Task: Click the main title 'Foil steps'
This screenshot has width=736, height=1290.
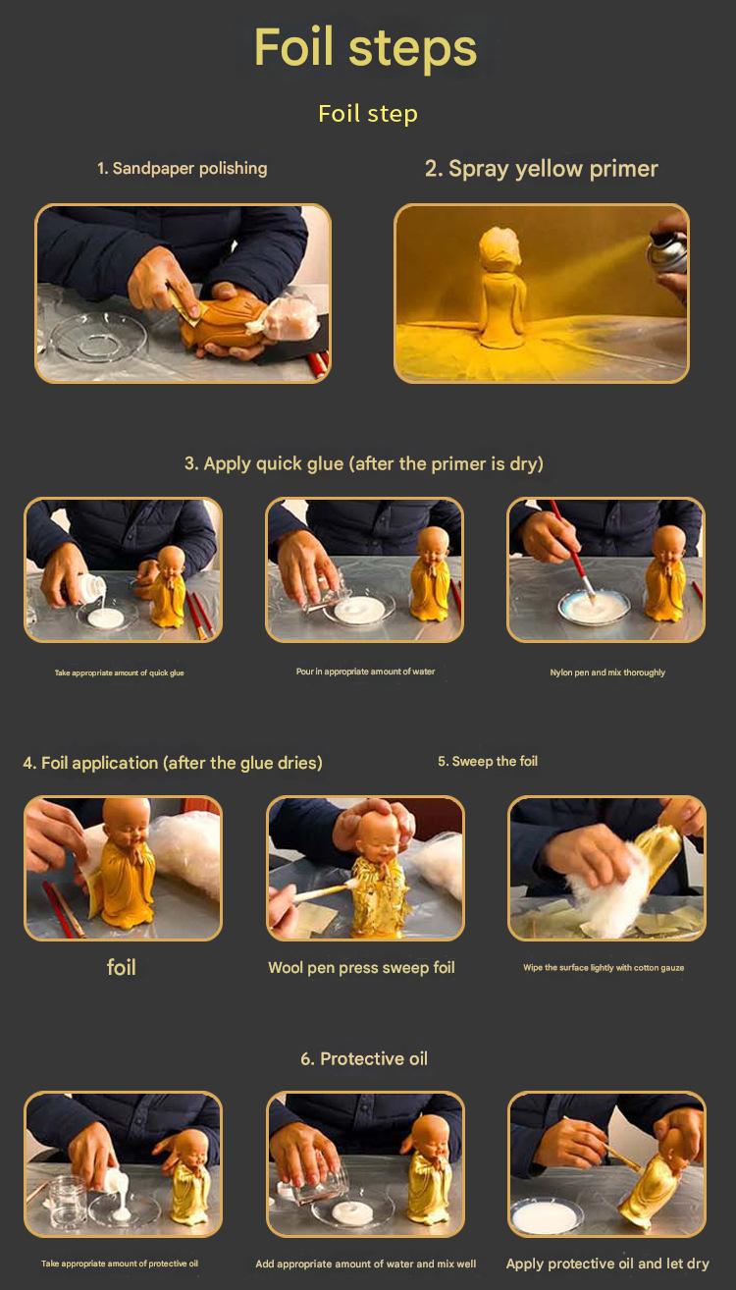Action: pos(366,47)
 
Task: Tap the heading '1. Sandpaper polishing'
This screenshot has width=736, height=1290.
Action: pos(182,168)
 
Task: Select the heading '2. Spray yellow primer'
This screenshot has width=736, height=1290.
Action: pos(542,169)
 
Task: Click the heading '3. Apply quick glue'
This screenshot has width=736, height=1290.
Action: pos(364,463)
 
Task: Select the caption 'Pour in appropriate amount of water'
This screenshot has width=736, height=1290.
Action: pos(365,672)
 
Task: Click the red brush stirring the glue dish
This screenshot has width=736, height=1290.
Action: pos(571,550)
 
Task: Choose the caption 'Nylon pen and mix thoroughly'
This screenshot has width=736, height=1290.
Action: pos(607,672)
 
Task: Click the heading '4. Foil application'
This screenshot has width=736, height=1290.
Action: pos(173,763)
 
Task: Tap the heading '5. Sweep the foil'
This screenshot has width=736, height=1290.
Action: pos(488,761)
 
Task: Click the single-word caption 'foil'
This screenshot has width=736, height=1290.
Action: pos(122,967)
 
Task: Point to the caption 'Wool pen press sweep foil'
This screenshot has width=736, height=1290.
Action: pos(361,968)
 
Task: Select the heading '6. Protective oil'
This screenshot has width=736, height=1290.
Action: pos(364,1058)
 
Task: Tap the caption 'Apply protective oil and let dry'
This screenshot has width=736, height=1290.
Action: pos(607,1263)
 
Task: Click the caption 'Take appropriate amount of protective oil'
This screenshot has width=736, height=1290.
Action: pos(120,1263)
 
